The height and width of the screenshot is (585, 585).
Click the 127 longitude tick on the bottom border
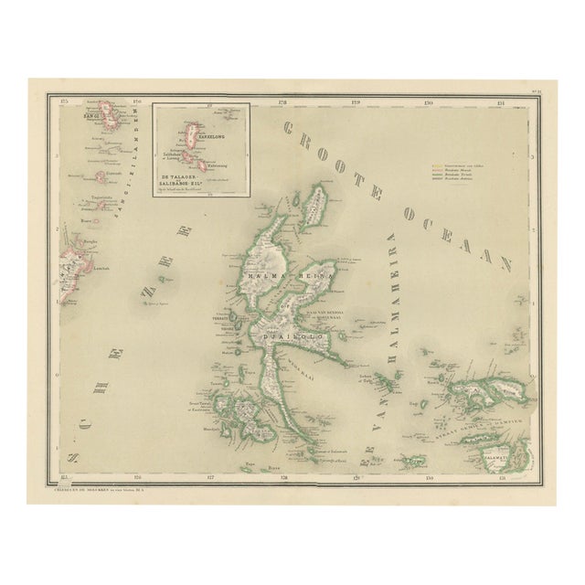[x=209, y=477]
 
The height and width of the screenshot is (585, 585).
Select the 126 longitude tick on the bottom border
[x=136, y=477]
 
